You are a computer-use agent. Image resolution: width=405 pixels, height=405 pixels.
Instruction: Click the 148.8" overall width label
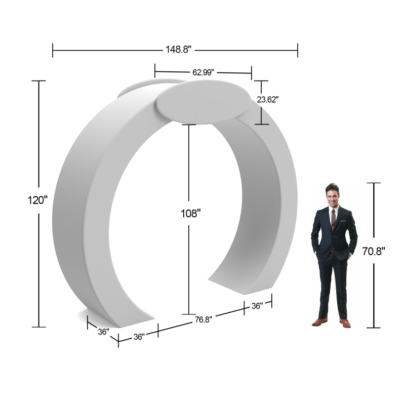[178, 49]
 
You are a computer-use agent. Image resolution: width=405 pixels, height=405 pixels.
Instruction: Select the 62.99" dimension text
[204, 72]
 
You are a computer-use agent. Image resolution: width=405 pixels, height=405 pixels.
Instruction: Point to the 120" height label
[37, 200]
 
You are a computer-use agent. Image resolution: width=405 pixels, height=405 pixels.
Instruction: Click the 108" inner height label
[191, 214]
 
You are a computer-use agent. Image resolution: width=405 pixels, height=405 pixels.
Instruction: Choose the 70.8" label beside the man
[374, 251]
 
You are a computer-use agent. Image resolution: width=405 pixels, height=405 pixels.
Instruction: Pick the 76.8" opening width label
[204, 319]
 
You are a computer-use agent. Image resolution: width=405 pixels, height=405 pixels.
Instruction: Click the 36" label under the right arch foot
[257, 306]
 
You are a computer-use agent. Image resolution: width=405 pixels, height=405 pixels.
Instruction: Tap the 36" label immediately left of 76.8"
[139, 337]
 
